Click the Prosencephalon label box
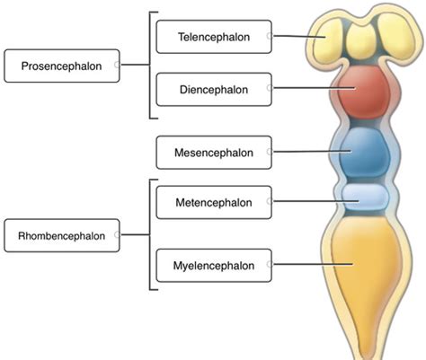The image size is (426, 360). click(61, 66)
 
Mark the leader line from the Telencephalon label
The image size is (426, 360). click(297, 37)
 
